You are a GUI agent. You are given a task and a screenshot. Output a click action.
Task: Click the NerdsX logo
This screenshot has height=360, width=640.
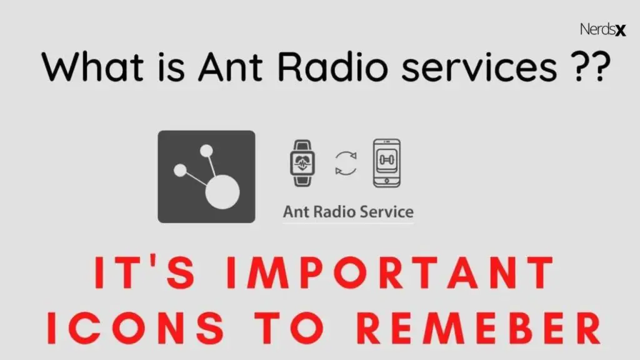(x=602, y=29)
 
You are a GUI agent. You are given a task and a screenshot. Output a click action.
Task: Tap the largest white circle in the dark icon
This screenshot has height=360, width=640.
(x=223, y=191)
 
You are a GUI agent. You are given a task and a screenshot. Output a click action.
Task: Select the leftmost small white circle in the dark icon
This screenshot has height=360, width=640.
(x=180, y=170)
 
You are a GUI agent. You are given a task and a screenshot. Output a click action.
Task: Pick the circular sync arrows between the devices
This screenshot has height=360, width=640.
(x=346, y=164)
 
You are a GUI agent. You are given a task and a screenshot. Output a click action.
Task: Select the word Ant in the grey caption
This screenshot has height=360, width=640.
(x=296, y=211)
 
